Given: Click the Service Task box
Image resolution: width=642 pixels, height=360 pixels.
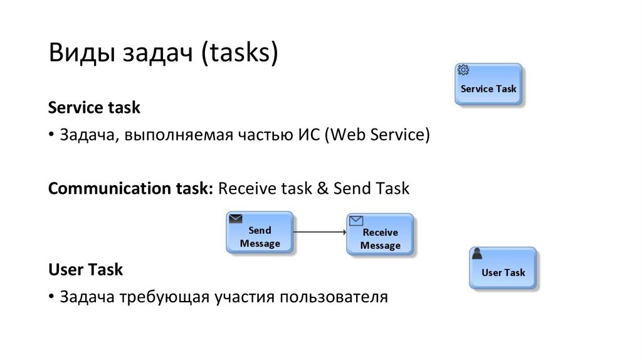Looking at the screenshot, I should (488, 84).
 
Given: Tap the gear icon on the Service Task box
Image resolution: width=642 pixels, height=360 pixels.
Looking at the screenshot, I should (463, 70).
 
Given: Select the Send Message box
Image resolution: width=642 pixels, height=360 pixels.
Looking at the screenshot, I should (260, 233).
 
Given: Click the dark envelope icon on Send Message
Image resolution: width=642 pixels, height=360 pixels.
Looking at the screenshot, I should (236, 219).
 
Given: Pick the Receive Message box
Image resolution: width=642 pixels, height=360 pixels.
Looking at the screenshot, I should (380, 234).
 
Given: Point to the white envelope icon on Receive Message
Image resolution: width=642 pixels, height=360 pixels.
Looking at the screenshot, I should (356, 220).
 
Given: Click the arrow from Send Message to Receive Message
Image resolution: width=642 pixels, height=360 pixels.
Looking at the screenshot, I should (320, 232).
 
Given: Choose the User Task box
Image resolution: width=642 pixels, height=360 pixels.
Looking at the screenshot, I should (503, 268).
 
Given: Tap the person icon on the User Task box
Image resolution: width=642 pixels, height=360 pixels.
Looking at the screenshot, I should (477, 254).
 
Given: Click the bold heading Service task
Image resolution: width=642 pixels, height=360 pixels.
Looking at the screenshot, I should (94, 108).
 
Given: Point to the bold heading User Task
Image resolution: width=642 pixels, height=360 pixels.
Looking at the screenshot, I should (85, 270).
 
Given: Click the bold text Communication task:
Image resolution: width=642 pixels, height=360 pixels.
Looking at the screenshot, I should (131, 188).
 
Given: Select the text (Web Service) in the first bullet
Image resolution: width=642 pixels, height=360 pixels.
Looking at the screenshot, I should (377, 135).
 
